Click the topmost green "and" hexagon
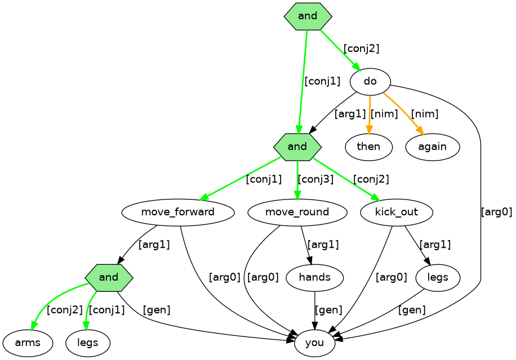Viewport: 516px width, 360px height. pyautogui.click(x=308, y=16)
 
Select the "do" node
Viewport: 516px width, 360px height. pyautogui.click(x=370, y=82)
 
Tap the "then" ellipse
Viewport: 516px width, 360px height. pyautogui.click(x=369, y=147)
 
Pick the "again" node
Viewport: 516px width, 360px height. pyautogui.click(x=432, y=147)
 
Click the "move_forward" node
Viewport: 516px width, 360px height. pyautogui.click(x=177, y=212)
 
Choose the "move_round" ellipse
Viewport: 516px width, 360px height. pyautogui.click(x=297, y=212)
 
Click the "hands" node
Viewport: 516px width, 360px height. pyautogui.click(x=314, y=277)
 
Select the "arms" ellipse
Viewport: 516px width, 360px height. pyautogui.click(x=28, y=343)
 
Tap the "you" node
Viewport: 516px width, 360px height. pyautogui.click(x=314, y=343)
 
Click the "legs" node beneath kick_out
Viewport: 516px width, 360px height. pyautogui.click(x=438, y=277)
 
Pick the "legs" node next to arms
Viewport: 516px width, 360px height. pyautogui.click(x=87, y=343)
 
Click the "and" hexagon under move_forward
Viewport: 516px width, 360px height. pyautogui.click(x=109, y=277)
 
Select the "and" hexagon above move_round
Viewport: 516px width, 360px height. pyautogui.click(x=297, y=147)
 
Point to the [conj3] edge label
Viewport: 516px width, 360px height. pyautogui.click(x=315, y=180)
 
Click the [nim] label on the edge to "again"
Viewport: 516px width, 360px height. pyautogui.click(x=424, y=114)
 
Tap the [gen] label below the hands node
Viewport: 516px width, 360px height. pyautogui.click(x=328, y=310)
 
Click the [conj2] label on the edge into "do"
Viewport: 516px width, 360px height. pyautogui.click(x=361, y=48)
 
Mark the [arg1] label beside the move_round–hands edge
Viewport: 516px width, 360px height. pyautogui.click(x=323, y=245)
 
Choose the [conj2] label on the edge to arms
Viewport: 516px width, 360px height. pyautogui.click(x=64, y=310)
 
